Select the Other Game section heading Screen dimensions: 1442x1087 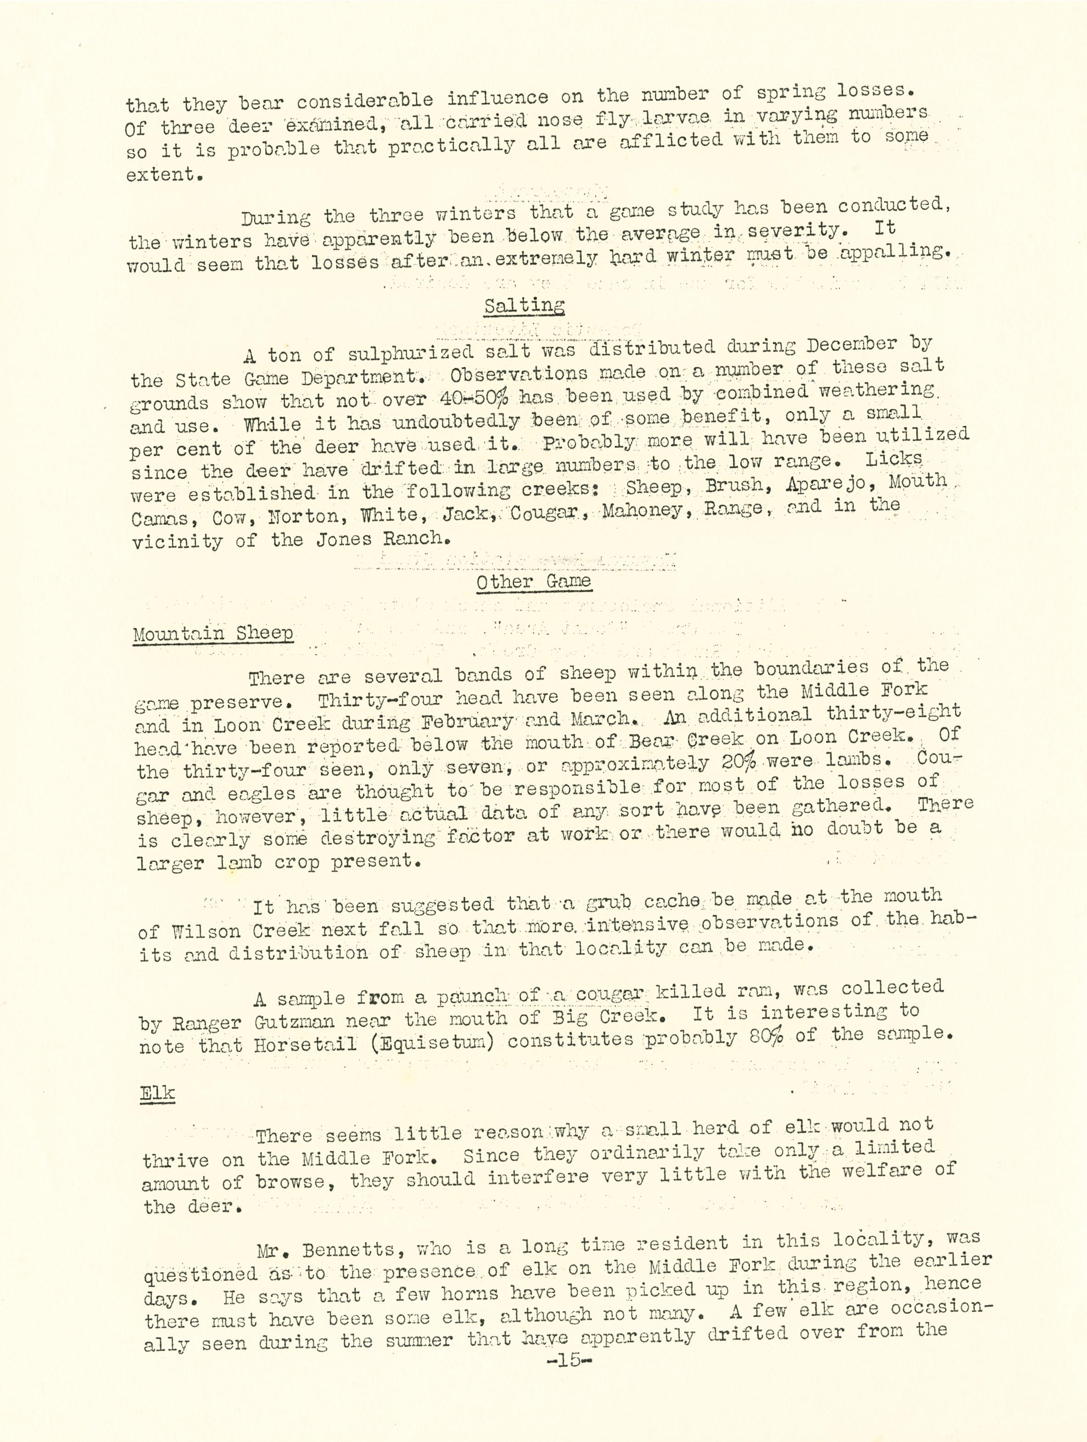(533, 582)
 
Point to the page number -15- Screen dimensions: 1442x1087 (568, 1361)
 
